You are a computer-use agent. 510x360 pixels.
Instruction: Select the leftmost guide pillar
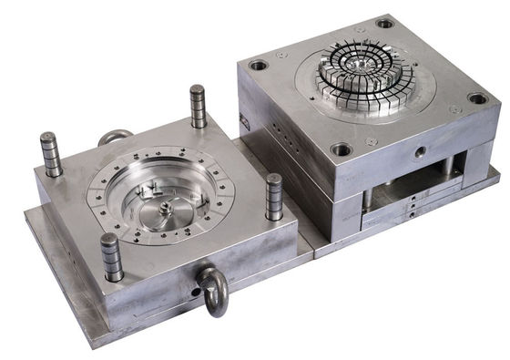[51, 155]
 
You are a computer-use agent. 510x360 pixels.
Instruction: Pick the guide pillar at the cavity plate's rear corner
[198, 107]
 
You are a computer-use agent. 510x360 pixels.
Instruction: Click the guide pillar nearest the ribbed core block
[273, 197]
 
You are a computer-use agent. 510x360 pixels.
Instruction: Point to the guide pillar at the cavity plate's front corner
[112, 257]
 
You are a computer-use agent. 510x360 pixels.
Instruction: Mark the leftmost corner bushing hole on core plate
[258, 66]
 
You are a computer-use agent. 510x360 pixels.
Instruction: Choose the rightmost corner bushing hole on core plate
[477, 98]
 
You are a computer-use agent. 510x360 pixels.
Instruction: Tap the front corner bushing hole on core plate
[342, 149]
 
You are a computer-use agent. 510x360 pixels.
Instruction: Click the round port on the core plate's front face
[422, 151]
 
